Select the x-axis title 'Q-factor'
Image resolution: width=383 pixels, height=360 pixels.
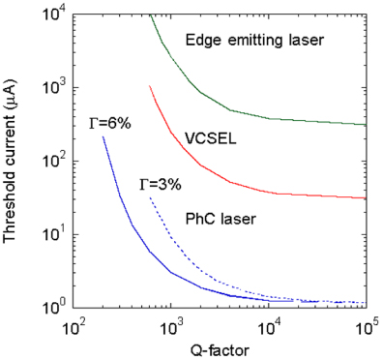pos(219,346)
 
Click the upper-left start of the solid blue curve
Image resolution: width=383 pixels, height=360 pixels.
pos(103,136)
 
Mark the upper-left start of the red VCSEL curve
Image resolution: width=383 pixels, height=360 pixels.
pos(150,86)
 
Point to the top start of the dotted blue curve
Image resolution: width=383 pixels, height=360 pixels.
pos(150,197)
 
